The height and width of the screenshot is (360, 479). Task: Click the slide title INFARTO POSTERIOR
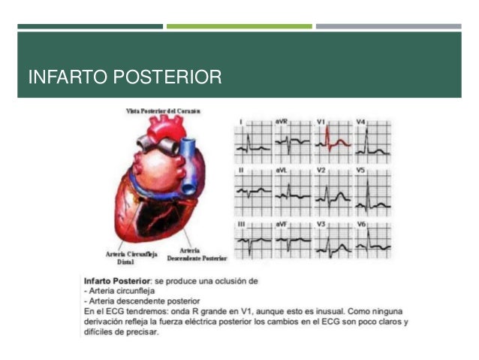[x=125, y=77]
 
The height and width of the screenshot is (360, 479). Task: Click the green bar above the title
[x=239, y=26]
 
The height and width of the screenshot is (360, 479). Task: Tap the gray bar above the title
[x=388, y=26]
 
